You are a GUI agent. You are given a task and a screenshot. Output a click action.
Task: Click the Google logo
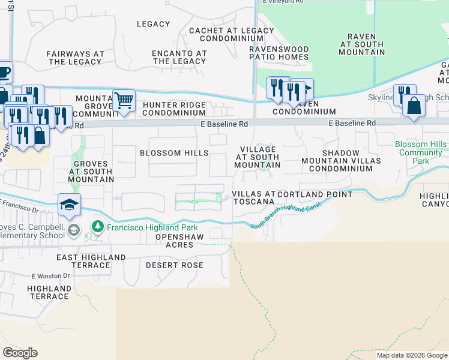click(x=20, y=353)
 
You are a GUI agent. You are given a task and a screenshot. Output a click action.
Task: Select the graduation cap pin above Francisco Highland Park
click(x=69, y=205)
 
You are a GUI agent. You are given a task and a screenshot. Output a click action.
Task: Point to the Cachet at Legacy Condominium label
click(x=231, y=35)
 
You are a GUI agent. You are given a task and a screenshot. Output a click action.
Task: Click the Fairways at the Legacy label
click(x=75, y=58)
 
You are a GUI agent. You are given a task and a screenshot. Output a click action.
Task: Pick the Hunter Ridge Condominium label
click(x=174, y=109)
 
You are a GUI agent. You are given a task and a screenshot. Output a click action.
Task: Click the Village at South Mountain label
click(x=258, y=157)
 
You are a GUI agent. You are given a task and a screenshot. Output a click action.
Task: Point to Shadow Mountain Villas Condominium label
click(x=348, y=161)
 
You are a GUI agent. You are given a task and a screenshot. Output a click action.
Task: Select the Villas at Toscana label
click(x=253, y=199)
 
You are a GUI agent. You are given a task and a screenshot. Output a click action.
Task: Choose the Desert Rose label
click(x=175, y=265)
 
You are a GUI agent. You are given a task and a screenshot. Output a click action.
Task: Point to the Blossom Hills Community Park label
click(x=421, y=152)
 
